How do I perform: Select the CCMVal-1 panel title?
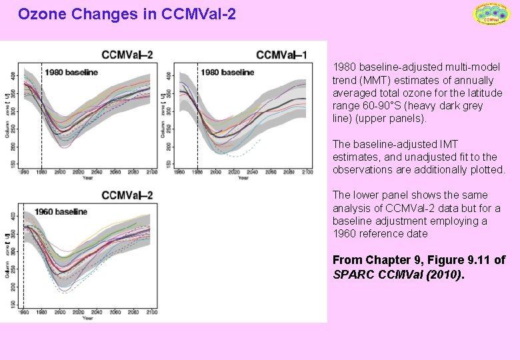[281, 55]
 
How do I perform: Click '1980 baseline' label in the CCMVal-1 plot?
[227, 72]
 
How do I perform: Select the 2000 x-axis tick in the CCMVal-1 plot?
[216, 173]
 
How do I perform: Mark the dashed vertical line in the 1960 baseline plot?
[23, 260]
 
